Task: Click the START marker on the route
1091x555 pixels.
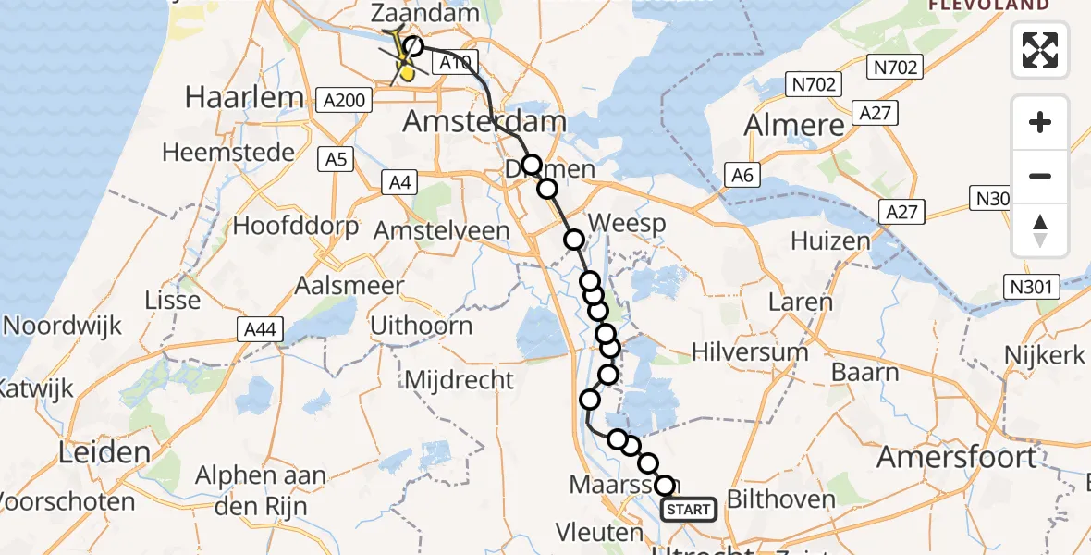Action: click(x=689, y=510)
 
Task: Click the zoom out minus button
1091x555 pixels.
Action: click(x=1040, y=176)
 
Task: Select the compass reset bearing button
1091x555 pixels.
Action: click(x=1040, y=230)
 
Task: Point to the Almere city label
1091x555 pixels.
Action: click(x=794, y=125)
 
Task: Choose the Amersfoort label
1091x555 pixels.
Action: click(x=956, y=456)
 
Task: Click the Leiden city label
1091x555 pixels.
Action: click(x=104, y=452)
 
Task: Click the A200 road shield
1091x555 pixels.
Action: click(x=344, y=99)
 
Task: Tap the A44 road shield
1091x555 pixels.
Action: click(x=259, y=328)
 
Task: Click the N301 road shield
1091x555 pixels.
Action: click(x=1031, y=287)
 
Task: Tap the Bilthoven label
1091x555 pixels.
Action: click(x=781, y=499)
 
